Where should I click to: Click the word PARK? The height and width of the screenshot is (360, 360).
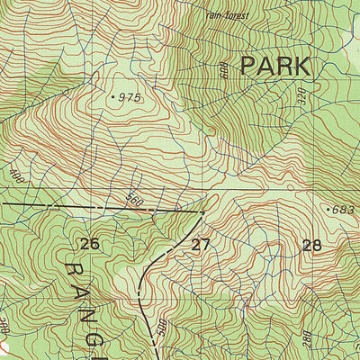[x=275, y=67]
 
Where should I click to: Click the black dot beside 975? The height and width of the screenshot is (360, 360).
[x=112, y=94]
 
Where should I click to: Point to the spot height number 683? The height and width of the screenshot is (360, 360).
[x=345, y=210]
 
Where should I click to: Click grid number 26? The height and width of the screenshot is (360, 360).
[x=88, y=244]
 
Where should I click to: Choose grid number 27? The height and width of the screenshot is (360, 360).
[x=201, y=244]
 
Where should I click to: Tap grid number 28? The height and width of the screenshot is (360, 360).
[x=312, y=244]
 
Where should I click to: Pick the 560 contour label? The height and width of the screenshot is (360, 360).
[x=135, y=197]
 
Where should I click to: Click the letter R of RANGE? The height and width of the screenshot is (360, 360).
[x=76, y=271]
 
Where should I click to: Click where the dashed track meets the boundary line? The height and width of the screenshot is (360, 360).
[x=204, y=212]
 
